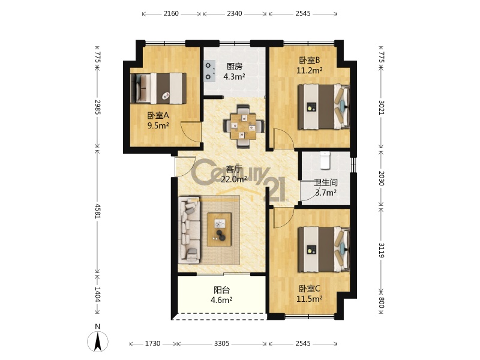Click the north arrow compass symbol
pos(98,341)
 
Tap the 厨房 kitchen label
pos(234,66)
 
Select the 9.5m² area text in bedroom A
pos(158,125)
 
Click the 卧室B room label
pos(310,61)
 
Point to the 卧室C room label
pos(310,289)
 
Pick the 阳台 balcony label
pos(221,290)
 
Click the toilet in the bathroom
pos(325,160)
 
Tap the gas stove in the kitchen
pos(209,71)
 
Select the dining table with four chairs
pos(244,126)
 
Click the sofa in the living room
pos(190,230)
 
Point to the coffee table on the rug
pos(219,229)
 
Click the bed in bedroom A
pos(158,88)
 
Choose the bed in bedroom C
pos(324,249)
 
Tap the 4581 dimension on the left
pos(98,211)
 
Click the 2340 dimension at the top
pos(235,13)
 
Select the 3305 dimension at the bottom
pos(221,343)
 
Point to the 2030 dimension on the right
pos(381,178)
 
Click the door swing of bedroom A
pos(191,131)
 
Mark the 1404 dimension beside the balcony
pos(98,294)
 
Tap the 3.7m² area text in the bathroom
pos(326,193)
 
